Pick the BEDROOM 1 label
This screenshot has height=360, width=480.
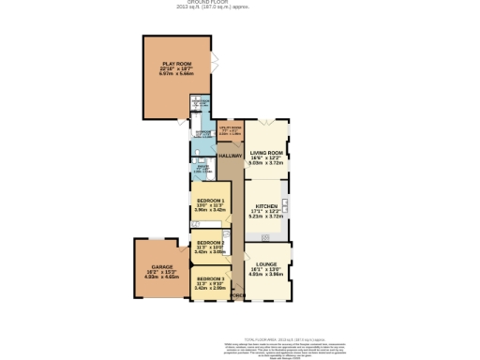pyautogui.click(x=211, y=201)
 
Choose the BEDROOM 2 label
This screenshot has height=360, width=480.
pyautogui.click(x=211, y=243)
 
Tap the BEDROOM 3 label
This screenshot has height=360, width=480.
pyautogui.click(x=211, y=278)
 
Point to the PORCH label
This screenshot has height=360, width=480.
pyautogui.click(x=239, y=296)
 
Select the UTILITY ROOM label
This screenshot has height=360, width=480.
pyautogui.click(x=230, y=128)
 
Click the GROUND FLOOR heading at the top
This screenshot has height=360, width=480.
pyautogui.click(x=239, y=2)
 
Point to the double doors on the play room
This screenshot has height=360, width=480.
pyautogui.click(x=216, y=63)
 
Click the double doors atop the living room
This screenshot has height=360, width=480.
pyautogui.click(x=267, y=122)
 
